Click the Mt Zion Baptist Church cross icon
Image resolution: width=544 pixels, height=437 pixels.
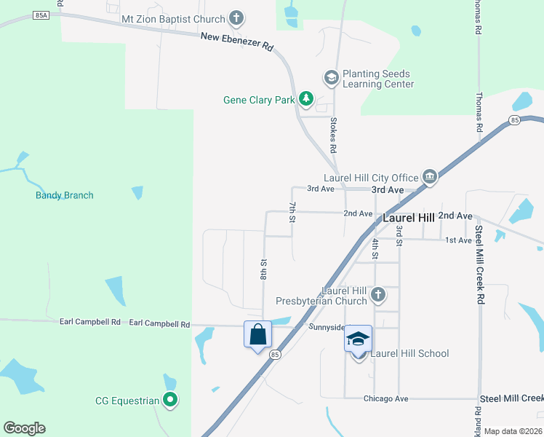coord(236,17)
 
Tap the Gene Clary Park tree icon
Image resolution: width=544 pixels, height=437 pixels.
coord(306,99)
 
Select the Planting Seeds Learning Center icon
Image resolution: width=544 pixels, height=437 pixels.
coord(331,77)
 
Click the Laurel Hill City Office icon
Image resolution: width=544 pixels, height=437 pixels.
coord(429,177)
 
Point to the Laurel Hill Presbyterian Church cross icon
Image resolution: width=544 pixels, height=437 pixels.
coord(377,295)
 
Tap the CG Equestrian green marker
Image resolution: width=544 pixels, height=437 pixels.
coord(170,399)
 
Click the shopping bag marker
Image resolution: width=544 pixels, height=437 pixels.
coord(257,335)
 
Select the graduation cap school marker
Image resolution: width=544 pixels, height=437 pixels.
coord(358,339)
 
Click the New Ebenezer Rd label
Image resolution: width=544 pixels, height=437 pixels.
coord(238,42)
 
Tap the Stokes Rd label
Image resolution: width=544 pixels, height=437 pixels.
coord(334,135)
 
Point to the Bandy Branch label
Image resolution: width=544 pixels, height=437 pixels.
coord(65,195)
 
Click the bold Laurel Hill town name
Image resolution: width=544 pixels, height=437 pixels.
coord(409,218)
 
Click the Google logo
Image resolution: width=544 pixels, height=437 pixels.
coord(24,428)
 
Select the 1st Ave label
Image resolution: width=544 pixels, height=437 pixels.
coord(458,240)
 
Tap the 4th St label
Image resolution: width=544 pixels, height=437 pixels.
coord(375,248)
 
